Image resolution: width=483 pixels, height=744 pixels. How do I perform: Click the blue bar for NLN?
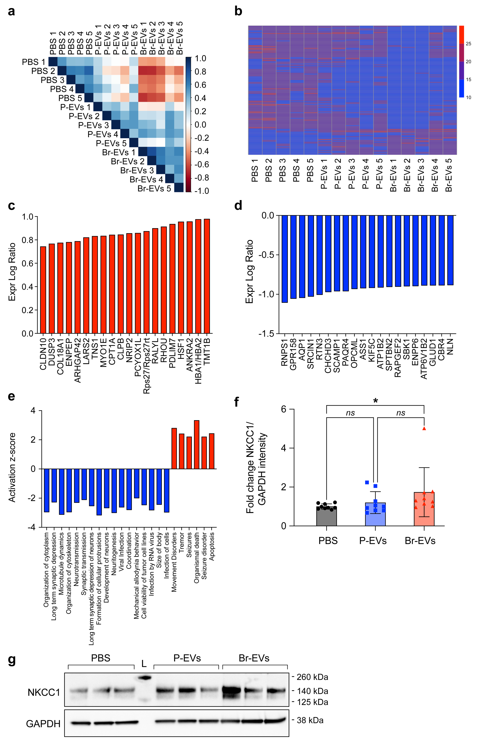(x=450, y=250)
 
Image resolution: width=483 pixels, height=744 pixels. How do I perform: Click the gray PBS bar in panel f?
(x=327, y=516)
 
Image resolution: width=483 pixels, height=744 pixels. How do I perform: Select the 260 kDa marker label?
(x=312, y=677)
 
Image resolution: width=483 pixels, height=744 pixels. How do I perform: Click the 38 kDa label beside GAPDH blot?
(x=310, y=720)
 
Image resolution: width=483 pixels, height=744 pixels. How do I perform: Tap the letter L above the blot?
(x=144, y=663)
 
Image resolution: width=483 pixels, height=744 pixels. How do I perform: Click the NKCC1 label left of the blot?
(x=44, y=692)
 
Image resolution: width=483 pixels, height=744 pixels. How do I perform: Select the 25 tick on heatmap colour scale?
(x=468, y=44)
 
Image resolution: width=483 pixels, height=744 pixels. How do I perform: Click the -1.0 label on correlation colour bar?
(x=202, y=191)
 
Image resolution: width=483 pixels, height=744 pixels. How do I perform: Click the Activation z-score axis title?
(x=12, y=467)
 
